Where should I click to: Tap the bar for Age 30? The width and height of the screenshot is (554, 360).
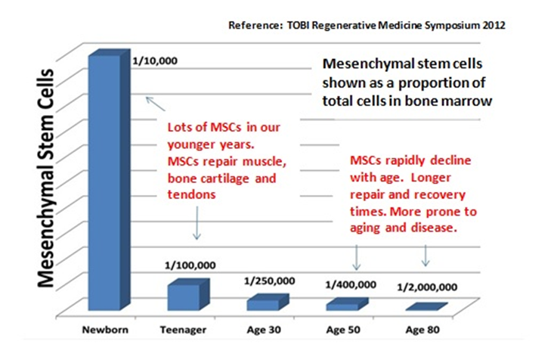click(263, 303)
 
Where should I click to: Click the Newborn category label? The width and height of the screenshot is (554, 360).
click(105, 331)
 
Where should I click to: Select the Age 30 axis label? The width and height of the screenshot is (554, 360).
click(264, 331)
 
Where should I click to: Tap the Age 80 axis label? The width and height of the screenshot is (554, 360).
click(421, 331)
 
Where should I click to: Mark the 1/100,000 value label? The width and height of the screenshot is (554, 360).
click(190, 265)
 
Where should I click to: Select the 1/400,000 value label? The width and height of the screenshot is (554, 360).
click(350, 285)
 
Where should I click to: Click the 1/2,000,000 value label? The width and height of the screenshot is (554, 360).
click(428, 288)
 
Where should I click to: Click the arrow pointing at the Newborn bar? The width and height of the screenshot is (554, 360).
click(156, 106)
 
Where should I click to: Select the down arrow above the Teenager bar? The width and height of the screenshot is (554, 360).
click(197, 225)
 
